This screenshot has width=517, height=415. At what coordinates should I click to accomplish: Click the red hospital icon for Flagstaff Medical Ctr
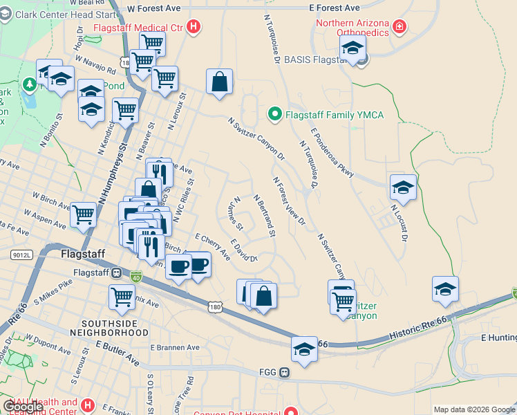(x=194, y=28)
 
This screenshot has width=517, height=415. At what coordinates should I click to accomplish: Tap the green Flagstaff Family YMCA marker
(x=274, y=114)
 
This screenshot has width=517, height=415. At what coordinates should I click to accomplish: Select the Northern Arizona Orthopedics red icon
(x=399, y=27)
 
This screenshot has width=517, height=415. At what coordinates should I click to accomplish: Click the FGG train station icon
(x=284, y=373)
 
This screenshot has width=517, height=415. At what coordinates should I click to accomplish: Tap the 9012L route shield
(x=22, y=255)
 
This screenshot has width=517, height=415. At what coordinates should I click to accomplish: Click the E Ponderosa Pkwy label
(x=332, y=152)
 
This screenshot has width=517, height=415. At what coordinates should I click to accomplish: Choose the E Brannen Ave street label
(x=175, y=348)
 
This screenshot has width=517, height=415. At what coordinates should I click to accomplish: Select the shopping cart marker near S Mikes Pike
(x=122, y=297)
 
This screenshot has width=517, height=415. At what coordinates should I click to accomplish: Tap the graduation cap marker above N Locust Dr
(x=403, y=187)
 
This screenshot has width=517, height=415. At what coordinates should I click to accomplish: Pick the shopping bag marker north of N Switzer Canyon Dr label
(x=219, y=81)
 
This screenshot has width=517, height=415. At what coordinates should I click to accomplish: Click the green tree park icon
(x=29, y=84)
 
